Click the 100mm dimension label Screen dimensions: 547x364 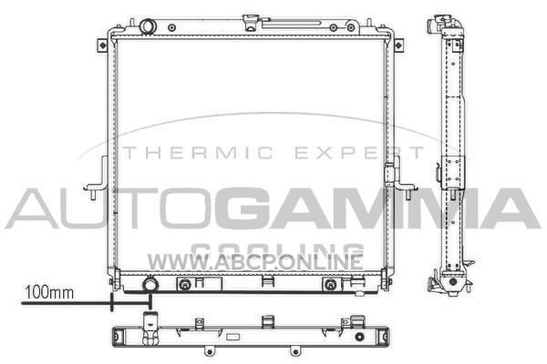coord(49,293)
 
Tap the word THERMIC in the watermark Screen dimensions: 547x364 coord(198,153)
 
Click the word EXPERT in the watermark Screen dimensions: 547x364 coord(360,153)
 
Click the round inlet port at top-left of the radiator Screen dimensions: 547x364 coord(148,26)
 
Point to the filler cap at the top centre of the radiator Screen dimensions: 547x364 coord(252,22)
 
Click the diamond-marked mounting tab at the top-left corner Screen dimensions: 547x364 coord(102,45)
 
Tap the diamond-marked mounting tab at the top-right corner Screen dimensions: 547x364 coord(398,45)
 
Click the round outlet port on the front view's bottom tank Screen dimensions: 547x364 coord(150,284)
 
